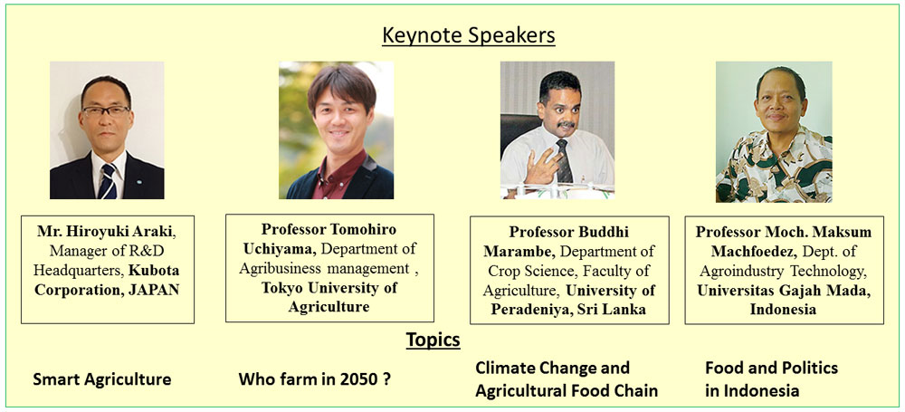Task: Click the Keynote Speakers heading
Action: tap(469, 36)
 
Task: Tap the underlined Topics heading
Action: tap(433, 340)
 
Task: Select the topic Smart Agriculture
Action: tap(102, 379)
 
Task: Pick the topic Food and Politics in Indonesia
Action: tap(771, 379)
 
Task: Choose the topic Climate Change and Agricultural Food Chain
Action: tap(567, 379)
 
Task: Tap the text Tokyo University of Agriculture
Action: tap(329, 297)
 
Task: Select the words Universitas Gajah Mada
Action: tap(784, 291)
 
